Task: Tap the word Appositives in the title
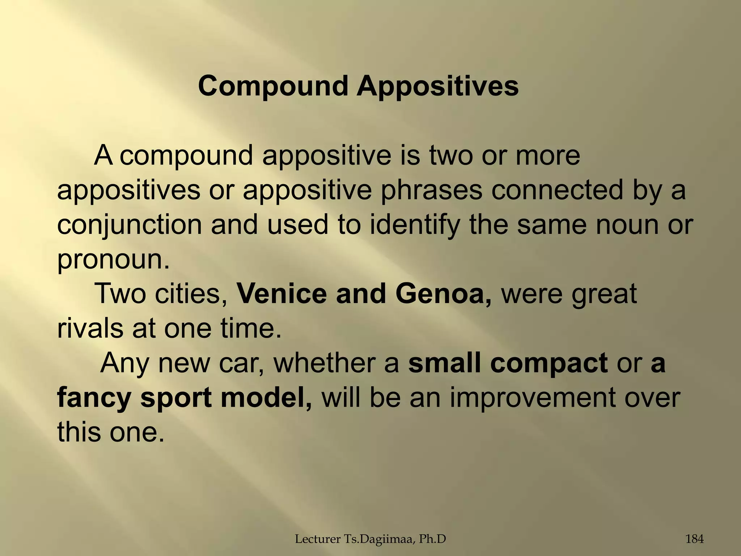tap(437, 86)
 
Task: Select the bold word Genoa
tap(443, 294)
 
